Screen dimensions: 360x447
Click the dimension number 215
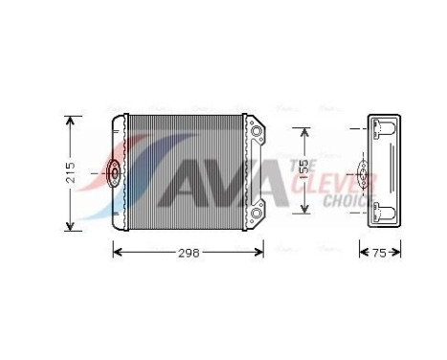(72, 173)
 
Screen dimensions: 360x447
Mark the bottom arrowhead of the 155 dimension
(304, 210)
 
